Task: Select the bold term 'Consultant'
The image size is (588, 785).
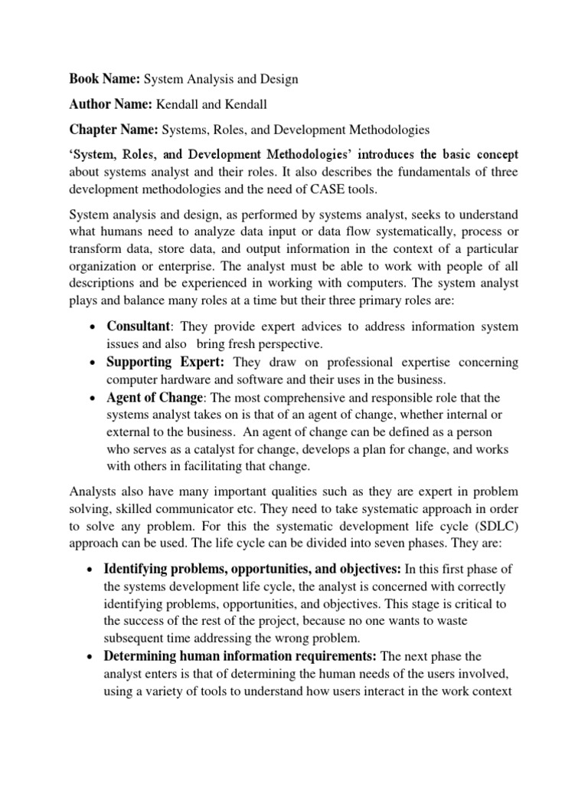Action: [139, 327]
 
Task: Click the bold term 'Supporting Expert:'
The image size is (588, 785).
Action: [167, 361]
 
